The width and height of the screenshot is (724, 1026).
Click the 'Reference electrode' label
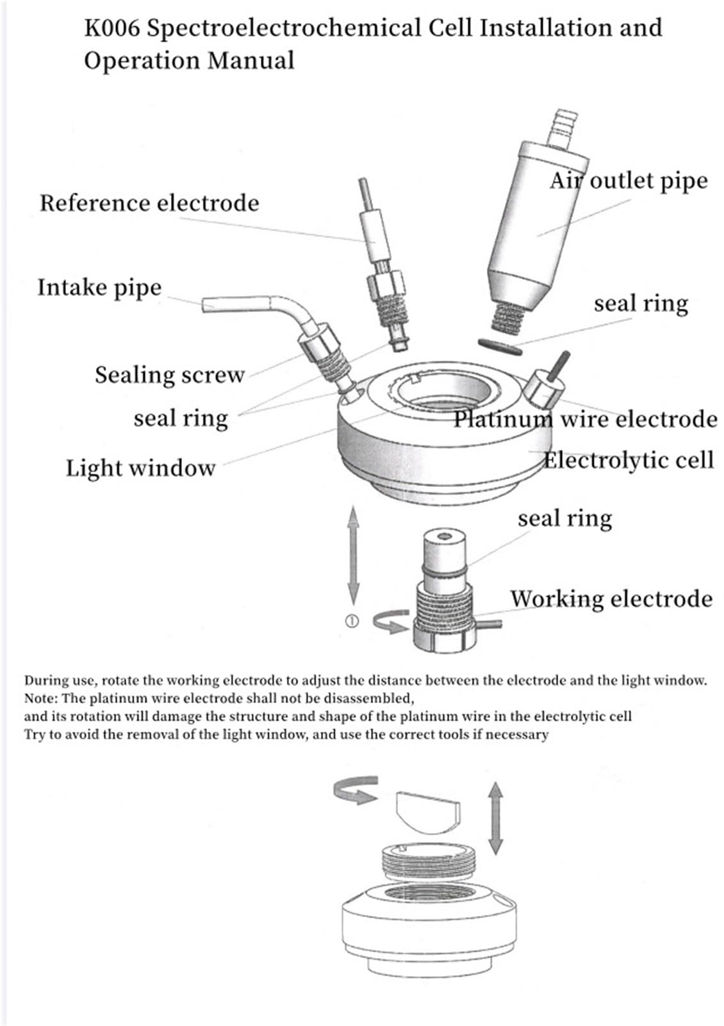coord(149,203)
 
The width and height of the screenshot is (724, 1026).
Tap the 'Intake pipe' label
coord(99,287)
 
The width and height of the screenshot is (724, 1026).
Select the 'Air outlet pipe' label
coord(629,181)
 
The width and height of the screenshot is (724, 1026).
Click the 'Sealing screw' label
coord(169,375)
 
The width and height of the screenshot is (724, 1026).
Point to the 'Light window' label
coord(140,468)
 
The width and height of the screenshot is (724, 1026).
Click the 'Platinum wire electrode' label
coord(585,419)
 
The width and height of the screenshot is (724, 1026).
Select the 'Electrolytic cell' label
coord(628,460)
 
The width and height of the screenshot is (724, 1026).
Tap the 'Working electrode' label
coord(611,599)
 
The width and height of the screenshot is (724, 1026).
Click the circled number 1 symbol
coord(352,620)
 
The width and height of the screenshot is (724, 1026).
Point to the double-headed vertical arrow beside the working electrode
coord(353,554)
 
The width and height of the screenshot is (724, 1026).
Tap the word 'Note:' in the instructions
coord(42,699)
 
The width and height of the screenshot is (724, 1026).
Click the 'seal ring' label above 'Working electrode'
coord(564,518)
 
